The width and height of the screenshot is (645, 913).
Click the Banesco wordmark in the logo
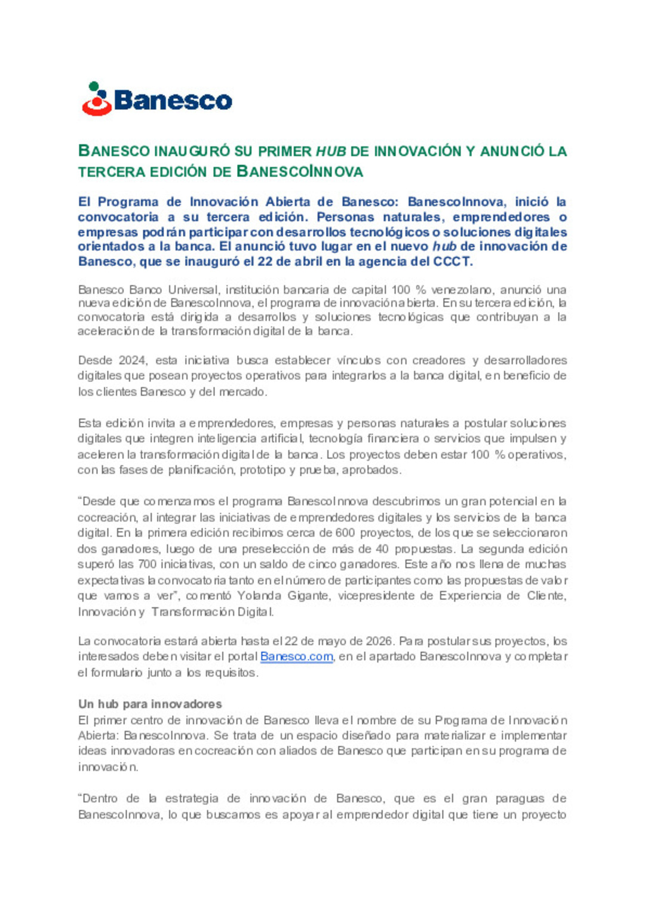(x=173, y=100)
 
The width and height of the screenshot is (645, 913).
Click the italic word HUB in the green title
(x=331, y=151)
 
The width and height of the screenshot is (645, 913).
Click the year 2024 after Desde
(x=133, y=360)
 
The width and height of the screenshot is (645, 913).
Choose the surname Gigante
(x=307, y=596)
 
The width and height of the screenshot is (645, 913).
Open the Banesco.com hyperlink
(x=296, y=657)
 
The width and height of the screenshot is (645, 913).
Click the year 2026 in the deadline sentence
(x=379, y=641)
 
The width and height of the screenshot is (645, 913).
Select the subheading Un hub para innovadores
(x=150, y=704)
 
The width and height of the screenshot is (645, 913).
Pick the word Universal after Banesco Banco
(x=193, y=290)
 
